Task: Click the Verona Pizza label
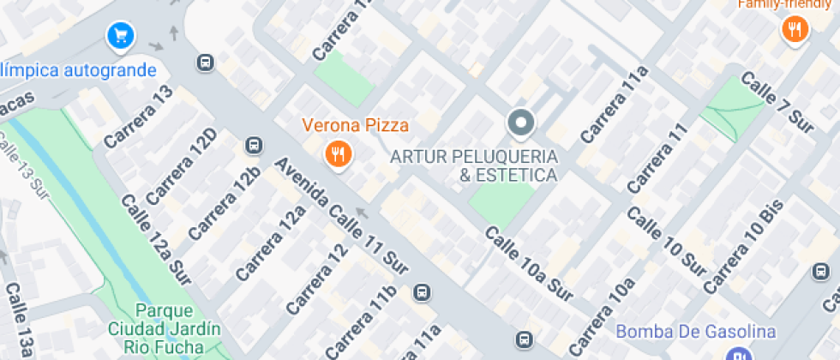point(355,125)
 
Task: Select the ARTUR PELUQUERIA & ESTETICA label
point(473,166)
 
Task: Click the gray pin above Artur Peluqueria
point(520,123)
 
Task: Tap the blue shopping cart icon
point(119,36)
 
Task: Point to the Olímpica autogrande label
point(79,70)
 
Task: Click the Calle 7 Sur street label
point(777,102)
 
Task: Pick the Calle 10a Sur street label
point(528,264)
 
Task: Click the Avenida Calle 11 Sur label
point(340,216)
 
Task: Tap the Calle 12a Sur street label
point(155,240)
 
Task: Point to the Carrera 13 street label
point(139,115)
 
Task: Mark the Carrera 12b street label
point(224,204)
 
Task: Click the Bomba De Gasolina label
point(696,332)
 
